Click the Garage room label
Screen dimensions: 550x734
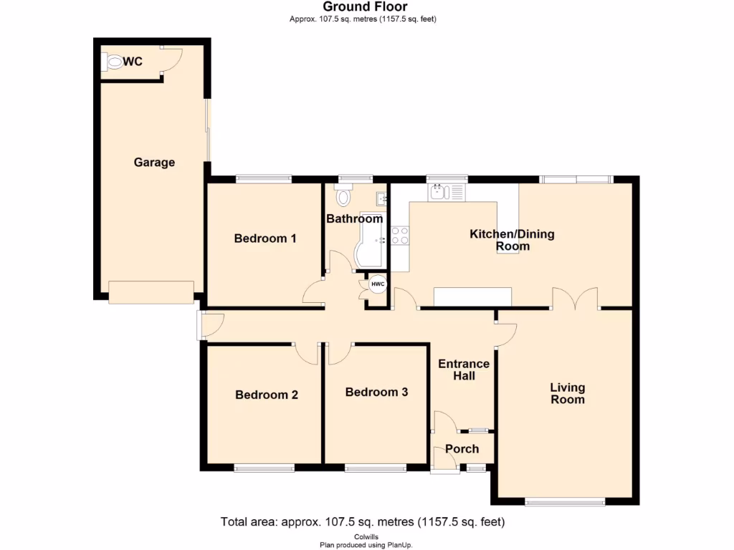(x=154, y=163)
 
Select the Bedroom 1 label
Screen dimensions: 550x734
(x=265, y=238)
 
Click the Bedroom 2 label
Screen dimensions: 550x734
(x=267, y=395)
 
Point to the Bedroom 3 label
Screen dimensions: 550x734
(x=376, y=392)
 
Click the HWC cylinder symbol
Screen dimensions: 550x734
(x=378, y=284)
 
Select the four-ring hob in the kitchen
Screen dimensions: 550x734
(x=399, y=236)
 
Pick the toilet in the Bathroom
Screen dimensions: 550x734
(x=344, y=195)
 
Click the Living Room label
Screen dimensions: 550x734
(x=567, y=393)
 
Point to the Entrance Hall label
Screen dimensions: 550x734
(x=464, y=370)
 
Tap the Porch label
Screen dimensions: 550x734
(x=462, y=449)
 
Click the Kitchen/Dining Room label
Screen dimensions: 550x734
(x=512, y=240)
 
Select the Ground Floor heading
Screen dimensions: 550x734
(x=365, y=7)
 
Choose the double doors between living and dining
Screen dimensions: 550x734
(x=575, y=299)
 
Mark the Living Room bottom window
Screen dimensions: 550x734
(x=565, y=502)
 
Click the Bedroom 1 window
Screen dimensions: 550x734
(x=263, y=179)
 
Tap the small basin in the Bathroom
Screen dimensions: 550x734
(x=381, y=198)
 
